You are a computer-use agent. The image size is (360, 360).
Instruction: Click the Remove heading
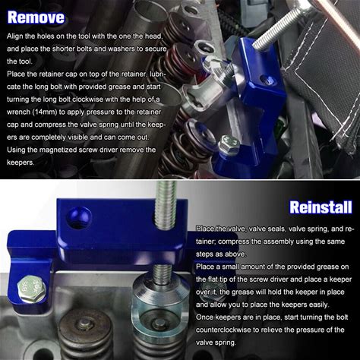click(x=36, y=17)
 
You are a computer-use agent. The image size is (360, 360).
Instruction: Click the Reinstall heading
click(x=321, y=207)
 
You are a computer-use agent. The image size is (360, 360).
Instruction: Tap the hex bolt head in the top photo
click(x=229, y=144)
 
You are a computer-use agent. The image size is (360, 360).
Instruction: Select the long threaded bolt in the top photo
click(x=283, y=27)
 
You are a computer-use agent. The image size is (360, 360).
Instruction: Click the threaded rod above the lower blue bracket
click(x=166, y=205)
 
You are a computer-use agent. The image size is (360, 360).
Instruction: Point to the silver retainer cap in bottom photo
click(x=160, y=302)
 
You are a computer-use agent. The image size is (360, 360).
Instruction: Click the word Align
click(x=15, y=36)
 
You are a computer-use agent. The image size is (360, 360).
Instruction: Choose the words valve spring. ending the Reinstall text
click(x=216, y=343)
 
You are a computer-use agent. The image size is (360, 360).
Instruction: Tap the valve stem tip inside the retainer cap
click(x=159, y=322)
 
